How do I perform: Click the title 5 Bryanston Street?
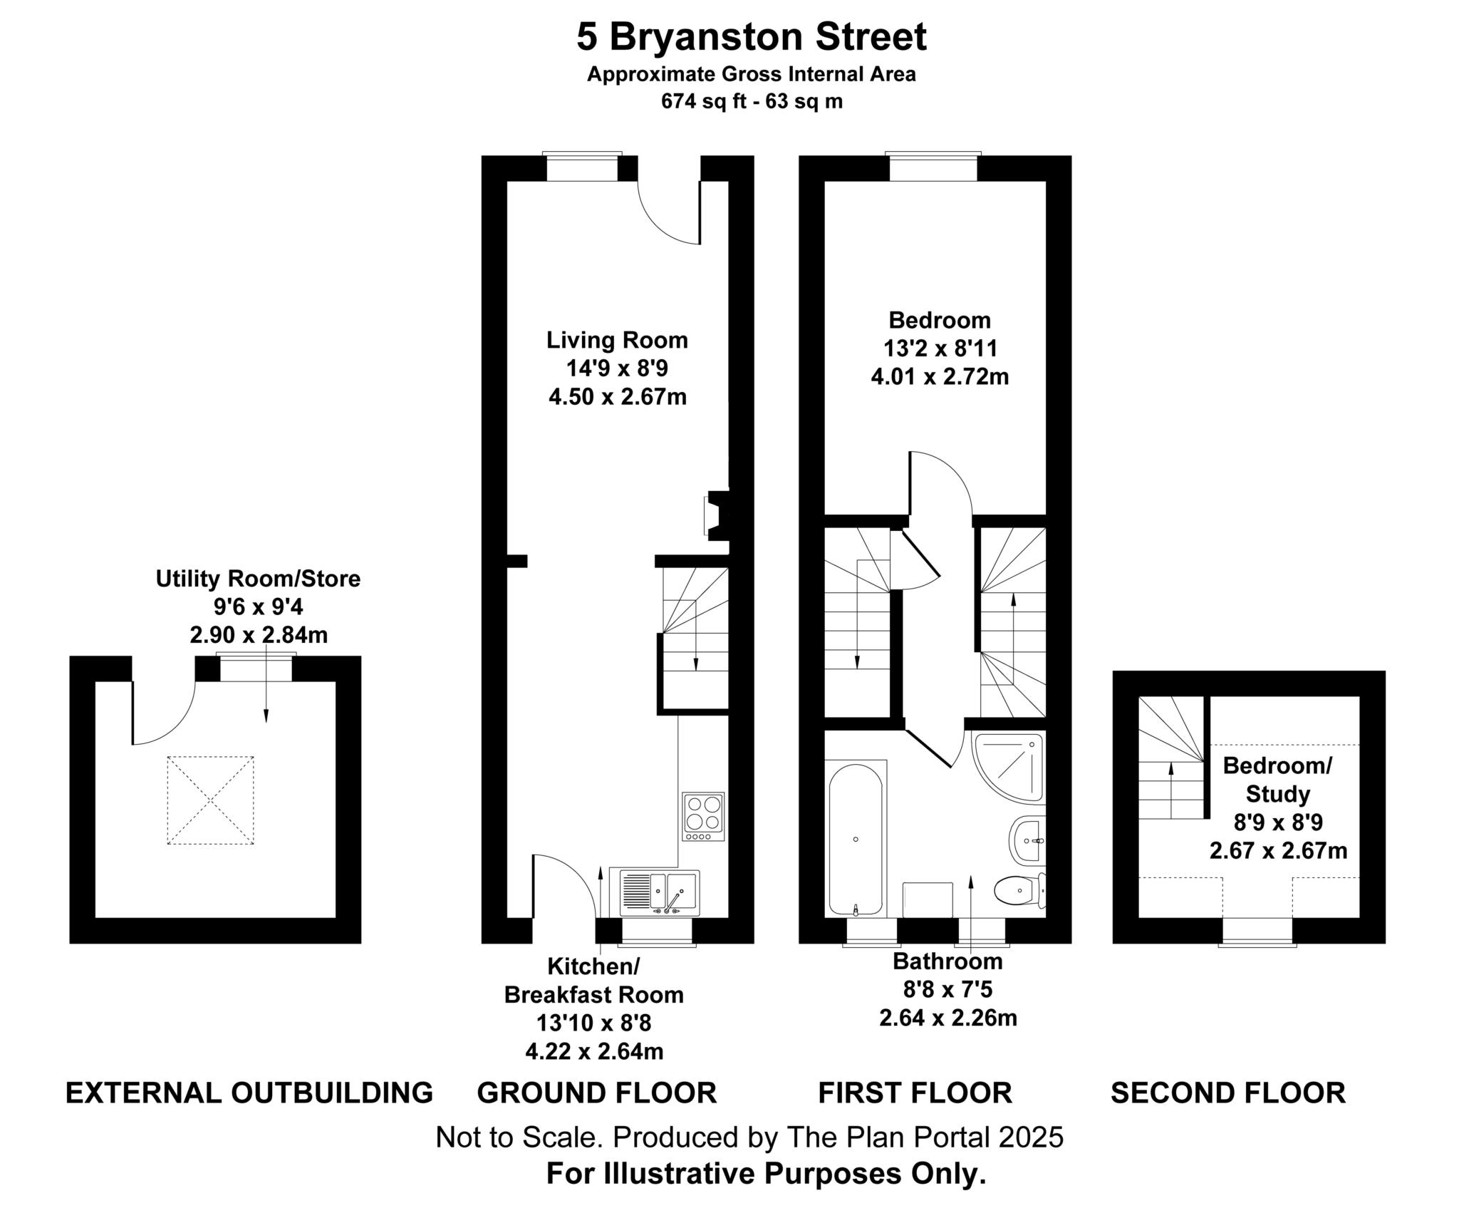(x=751, y=37)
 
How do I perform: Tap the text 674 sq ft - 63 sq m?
(x=751, y=101)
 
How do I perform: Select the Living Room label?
(x=617, y=340)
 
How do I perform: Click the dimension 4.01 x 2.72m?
(x=940, y=376)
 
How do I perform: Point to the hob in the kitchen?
(x=702, y=816)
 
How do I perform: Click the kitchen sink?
(x=659, y=892)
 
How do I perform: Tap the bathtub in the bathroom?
(x=856, y=840)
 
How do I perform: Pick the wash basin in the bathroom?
(x=1027, y=841)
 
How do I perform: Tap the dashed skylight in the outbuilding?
(x=210, y=800)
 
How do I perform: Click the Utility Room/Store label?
(x=258, y=579)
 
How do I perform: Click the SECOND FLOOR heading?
(x=1227, y=1093)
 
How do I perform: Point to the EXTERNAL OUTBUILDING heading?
(x=249, y=1093)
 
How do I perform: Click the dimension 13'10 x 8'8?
(x=593, y=1023)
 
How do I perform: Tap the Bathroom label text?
(x=947, y=961)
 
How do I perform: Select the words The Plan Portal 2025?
(x=924, y=1137)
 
